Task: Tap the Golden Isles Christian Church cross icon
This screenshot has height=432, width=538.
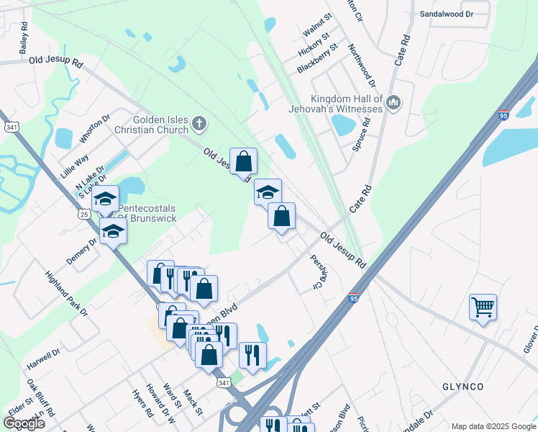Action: pos(199,125)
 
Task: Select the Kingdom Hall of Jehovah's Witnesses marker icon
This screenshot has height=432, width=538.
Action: pos(393,104)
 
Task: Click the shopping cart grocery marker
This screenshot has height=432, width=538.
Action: pos(483,307)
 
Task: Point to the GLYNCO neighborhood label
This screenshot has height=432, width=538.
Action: pos(461,387)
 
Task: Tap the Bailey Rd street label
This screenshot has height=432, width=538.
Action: pos(24,38)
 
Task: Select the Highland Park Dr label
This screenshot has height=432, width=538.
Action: pos(65,293)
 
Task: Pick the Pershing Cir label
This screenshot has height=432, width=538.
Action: pos(315,272)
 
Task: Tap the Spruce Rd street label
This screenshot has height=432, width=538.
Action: pos(367,133)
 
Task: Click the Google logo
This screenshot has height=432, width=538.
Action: pos(24,423)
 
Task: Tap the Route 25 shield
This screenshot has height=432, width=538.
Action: pos(84,215)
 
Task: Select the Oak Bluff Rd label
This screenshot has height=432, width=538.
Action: pos(37,393)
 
